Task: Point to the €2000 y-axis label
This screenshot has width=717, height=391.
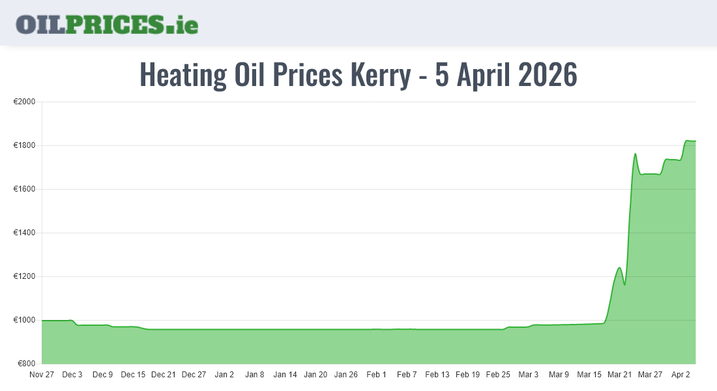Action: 24,102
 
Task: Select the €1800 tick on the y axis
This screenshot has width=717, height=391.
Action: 24,145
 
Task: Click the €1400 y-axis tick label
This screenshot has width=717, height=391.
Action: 24,233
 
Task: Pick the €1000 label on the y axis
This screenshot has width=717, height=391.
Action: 24,320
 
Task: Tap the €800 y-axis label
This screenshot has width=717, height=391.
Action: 26,364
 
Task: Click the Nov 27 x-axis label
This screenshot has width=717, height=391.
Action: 42,375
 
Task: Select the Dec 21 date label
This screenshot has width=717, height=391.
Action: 163,375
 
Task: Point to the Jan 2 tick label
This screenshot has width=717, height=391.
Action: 224,375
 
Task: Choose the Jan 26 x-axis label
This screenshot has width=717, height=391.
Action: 345,375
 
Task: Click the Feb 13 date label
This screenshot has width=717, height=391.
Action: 437,375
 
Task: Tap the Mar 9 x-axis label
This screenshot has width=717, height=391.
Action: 559,375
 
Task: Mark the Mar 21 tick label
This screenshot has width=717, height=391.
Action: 619,375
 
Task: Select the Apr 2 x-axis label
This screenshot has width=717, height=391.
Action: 680,375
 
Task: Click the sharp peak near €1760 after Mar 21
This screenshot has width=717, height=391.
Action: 635,154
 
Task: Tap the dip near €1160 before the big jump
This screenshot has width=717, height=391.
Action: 624,285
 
